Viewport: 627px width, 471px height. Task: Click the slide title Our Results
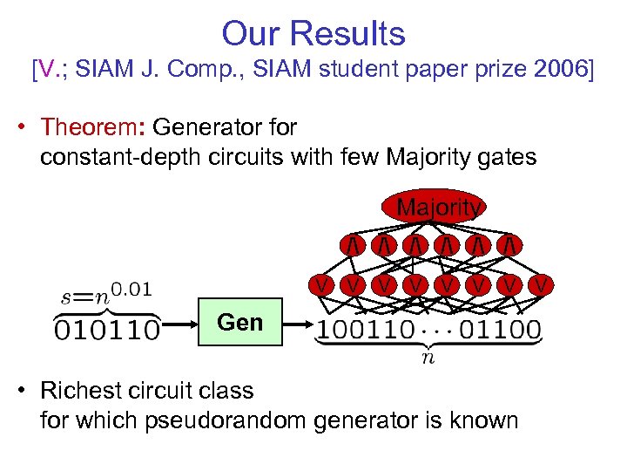pos(313,33)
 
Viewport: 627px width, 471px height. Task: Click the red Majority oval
pos(433,208)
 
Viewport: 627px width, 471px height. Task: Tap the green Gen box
pos(240,323)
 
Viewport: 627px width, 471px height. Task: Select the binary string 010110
pos(107,331)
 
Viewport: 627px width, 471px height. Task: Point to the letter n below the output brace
pos(427,358)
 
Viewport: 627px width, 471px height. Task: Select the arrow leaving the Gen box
pos(298,330)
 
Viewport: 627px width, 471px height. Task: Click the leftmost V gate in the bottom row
pos(322,284)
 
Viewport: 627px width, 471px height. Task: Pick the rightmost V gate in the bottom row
pos(541,284)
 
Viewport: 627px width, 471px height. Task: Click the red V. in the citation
pos(51,69)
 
